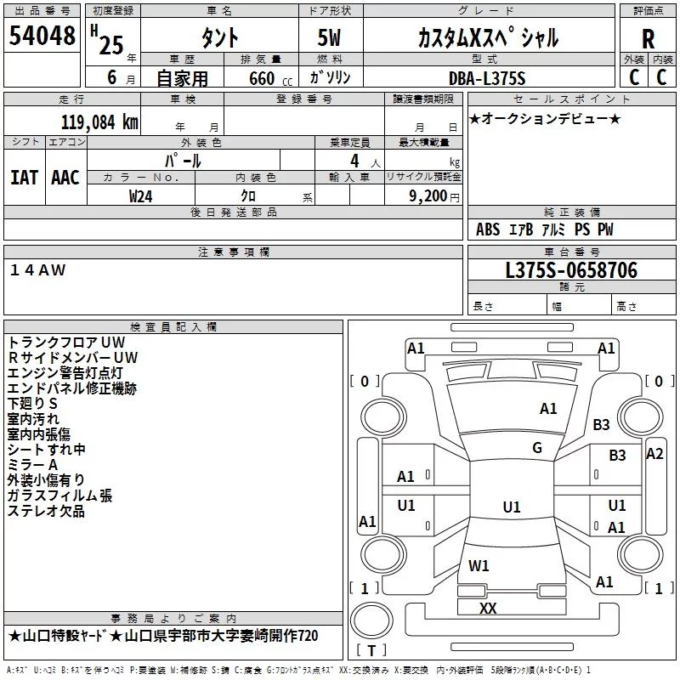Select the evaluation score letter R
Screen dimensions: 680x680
point(648,39)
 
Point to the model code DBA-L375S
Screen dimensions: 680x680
point(486,78)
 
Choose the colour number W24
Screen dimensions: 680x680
point(141,195)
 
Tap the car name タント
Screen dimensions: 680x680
point(219,38)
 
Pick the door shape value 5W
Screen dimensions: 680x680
point(330,38)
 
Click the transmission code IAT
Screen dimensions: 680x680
point(24,177)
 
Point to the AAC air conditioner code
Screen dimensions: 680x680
point(65,177)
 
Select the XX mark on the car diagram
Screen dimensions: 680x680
point(488,608)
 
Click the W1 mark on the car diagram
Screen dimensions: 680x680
point(479,565)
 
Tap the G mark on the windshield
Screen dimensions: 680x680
point(537,448)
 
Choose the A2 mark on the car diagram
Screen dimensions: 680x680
point(654,454)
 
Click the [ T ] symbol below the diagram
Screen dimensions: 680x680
point(371,651)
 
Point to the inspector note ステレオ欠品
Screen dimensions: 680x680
point(46,511)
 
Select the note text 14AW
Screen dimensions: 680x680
point(37,269)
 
